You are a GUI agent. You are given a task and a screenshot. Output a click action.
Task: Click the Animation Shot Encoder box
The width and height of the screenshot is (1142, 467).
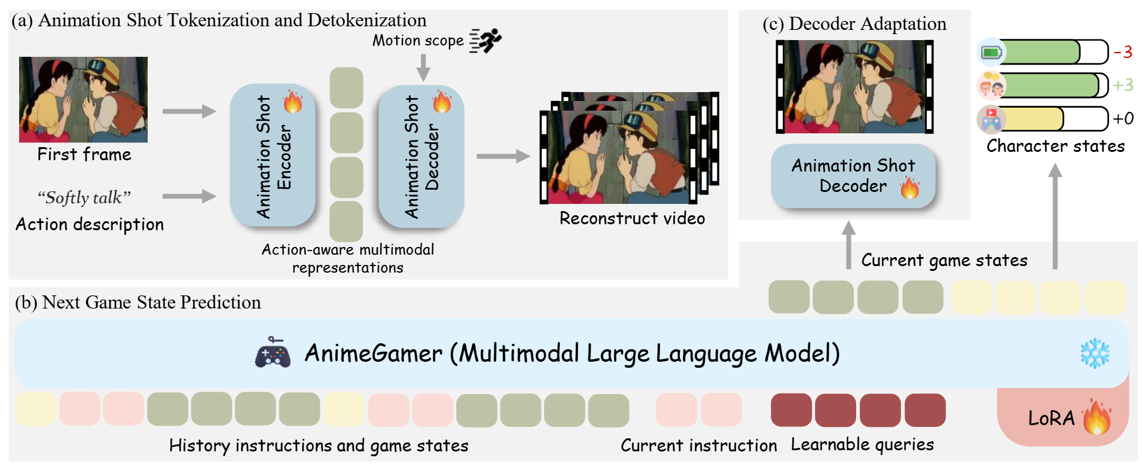(x=273, y=155)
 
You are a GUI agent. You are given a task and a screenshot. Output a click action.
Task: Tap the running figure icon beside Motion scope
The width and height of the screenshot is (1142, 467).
(x=485, y=41)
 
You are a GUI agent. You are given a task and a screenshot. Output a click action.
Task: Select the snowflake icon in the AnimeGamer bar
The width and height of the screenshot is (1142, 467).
(x=1095, y=353)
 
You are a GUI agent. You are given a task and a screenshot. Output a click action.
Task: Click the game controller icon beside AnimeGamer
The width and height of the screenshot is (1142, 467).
(x=273, y=353)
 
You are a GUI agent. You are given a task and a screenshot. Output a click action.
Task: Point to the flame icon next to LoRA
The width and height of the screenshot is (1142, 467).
(x=1096, y=417)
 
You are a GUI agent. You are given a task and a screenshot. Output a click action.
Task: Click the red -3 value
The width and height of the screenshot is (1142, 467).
(x=1123, y=52)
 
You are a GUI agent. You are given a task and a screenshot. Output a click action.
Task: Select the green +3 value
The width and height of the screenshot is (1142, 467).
(x=1123, y=85)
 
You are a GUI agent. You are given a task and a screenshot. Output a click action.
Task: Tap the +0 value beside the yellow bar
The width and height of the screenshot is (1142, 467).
(x=1123, y=118)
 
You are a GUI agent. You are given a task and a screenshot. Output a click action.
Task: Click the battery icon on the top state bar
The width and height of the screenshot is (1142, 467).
(x=991, y=53)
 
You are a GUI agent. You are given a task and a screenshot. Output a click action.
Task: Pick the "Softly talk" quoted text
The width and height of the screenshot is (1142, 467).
(x=84, y=197)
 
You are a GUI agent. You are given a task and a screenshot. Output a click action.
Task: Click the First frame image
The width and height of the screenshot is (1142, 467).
(x=83, y=99)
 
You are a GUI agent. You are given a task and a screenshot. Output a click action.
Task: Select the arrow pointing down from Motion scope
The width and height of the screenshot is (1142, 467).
(x=423, y=67)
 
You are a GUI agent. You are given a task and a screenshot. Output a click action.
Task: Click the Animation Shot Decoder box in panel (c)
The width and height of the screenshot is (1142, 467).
(x=853, y=176)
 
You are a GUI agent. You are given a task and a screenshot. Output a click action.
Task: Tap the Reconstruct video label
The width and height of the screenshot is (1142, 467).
(x=632, y=218)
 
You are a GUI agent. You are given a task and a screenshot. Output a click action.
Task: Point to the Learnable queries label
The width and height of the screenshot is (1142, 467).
(x=862, y=444)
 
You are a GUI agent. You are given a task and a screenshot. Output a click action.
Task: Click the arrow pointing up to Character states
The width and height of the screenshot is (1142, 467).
(x=1055, y=215)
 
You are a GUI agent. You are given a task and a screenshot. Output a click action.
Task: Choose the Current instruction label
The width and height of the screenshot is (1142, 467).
(x=698, y=445)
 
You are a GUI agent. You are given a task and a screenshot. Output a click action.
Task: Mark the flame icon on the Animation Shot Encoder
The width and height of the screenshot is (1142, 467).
(x=292, y=102)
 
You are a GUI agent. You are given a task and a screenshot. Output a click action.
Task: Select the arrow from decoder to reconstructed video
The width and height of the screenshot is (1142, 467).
(x=503, y=156)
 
